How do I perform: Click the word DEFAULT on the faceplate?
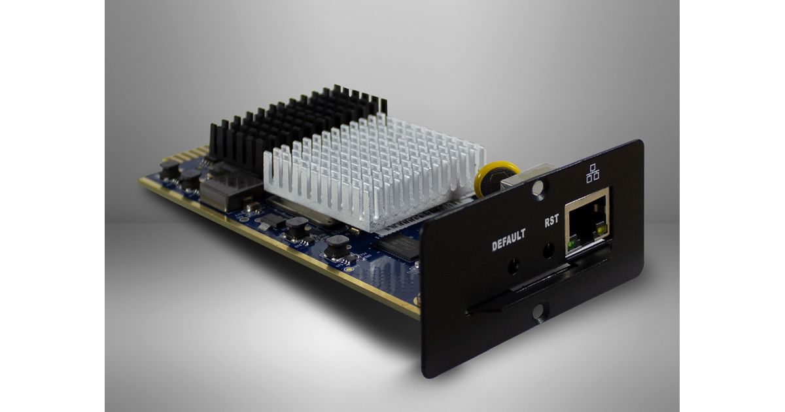[508, 240]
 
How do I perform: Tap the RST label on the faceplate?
[551, 221]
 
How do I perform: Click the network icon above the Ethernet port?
[593, 173]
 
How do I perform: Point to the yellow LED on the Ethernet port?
[602, 230]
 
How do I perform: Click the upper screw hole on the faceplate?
[538, 188]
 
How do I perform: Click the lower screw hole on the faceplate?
[538, 312]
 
